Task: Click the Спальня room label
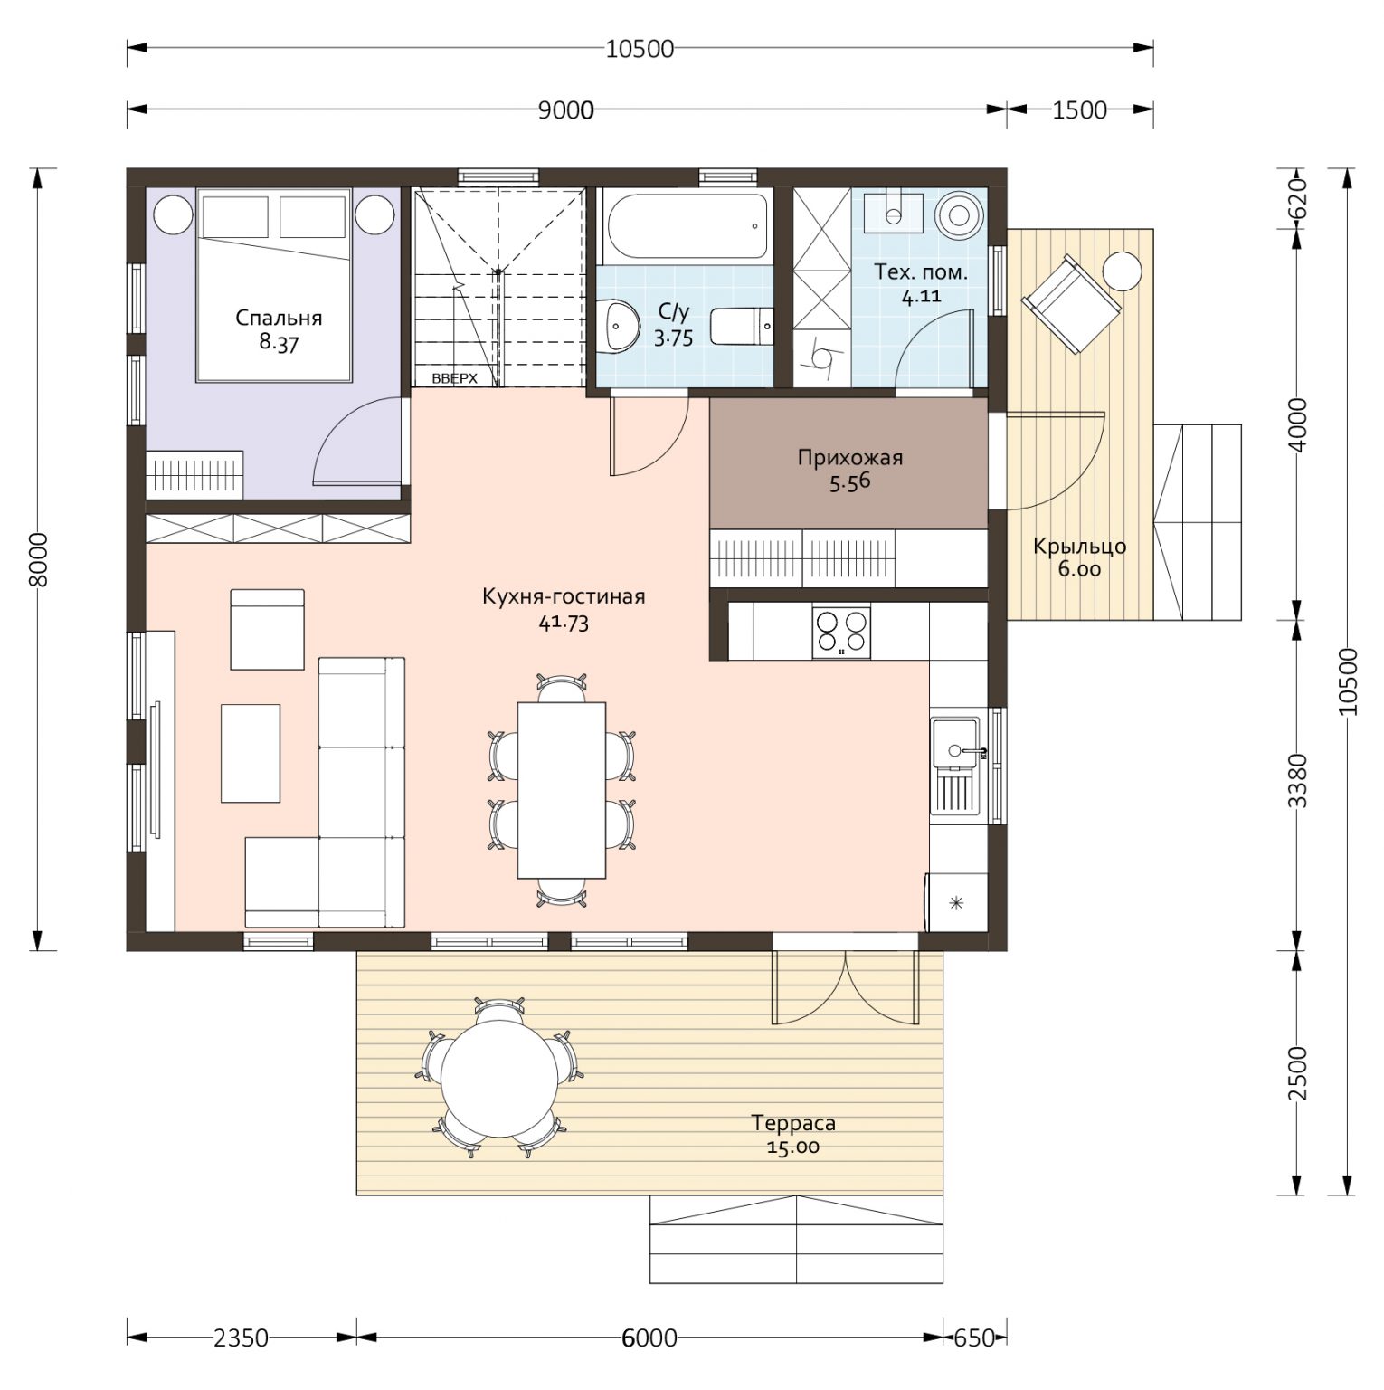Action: tap(279, 319)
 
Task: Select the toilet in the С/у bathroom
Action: tap(741, 326)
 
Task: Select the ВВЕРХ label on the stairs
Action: tap(454, 379)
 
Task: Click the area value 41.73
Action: tap(564, 623)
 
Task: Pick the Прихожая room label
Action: tap(850, 458)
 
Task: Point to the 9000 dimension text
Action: tap(566, 110)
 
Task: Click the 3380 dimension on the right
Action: tap(1298, 782)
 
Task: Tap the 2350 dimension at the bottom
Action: tap(240, 1338)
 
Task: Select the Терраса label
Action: tap(793, 1123)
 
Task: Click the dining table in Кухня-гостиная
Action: tap(562, 789)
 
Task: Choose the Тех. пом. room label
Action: tap(921, 271)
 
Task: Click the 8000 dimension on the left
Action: tap(37, 559)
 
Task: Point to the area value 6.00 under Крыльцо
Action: tap(1079, 569)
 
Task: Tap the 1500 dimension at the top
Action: tap(1080, 110)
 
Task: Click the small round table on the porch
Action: tap(1122, 271)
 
